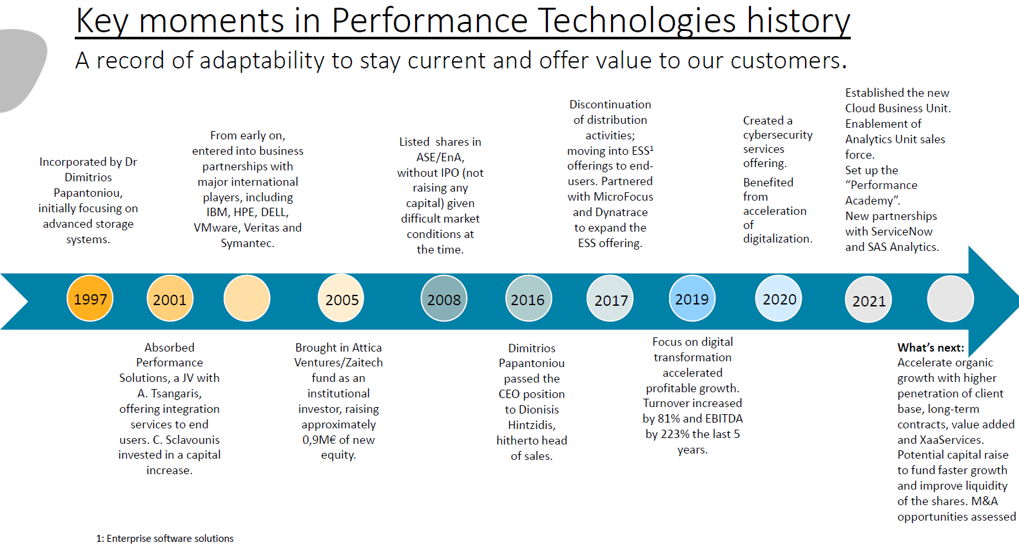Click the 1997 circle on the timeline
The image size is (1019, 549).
point(90,299)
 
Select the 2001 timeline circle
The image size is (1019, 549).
point(170,299)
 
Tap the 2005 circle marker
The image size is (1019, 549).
point(342,299)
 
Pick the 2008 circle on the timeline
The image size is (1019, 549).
point(443,299)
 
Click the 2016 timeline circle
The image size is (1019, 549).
point(528,299)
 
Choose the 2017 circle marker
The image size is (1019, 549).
point(610,299)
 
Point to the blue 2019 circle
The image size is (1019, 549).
point(692,298)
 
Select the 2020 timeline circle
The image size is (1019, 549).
point(779,299)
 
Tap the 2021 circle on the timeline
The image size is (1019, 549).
point(868,300)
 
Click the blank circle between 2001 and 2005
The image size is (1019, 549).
point(247,299)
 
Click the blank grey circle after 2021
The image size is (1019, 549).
point(950,299)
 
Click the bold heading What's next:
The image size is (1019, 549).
point(931,348)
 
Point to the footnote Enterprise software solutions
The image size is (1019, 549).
point(170,539)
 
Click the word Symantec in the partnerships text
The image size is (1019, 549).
point(246,243)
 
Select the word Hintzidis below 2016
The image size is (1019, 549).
point(531,425)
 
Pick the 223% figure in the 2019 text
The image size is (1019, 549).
point(675,434)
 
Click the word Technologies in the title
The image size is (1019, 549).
point(637,21)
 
